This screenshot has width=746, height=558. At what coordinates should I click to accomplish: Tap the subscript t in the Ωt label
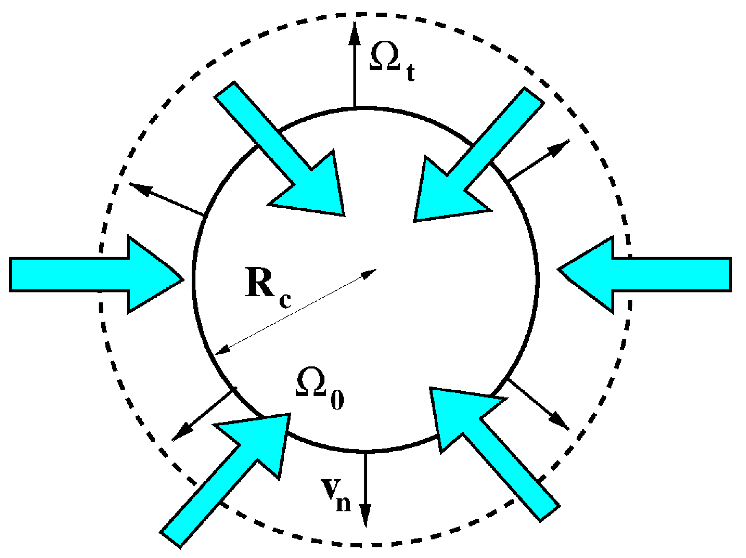coord(411,73)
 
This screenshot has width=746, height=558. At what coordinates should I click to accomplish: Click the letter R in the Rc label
coord(260,282)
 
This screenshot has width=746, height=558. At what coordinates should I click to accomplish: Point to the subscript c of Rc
coord(285,300)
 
